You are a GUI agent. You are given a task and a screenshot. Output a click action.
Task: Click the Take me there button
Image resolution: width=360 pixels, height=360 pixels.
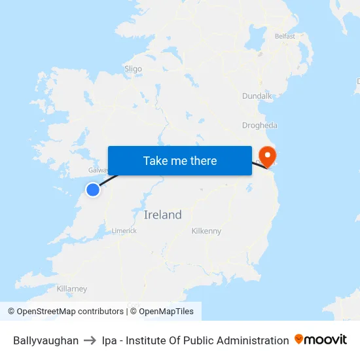tap(180, 160)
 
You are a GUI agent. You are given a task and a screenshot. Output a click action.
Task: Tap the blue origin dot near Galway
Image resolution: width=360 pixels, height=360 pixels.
tap(93, 190)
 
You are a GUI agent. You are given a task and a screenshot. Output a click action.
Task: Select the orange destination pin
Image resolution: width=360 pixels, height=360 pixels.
tap(267, 155)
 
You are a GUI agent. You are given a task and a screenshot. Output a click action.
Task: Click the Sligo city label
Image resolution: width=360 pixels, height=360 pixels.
tap(133, 68)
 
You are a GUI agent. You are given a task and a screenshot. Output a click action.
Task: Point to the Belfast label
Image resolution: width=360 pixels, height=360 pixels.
tap(285, 36)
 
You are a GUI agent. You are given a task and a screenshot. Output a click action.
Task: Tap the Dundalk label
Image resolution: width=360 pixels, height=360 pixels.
tap(257, 96)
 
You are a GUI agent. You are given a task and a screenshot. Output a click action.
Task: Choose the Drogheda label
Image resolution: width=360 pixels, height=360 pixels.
tap(260, 125)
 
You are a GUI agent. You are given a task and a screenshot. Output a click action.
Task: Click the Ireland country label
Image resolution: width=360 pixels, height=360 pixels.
tap(163, 215)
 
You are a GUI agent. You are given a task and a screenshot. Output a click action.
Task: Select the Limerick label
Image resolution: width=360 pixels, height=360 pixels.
tap(124, 230)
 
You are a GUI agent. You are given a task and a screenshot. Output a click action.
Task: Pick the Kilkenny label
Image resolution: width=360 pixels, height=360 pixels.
tap(206, 231)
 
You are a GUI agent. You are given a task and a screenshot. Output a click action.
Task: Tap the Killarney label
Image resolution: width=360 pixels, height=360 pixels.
tap(72, 289)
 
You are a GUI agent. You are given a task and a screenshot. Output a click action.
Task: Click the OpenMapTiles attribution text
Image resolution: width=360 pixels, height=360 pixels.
tap(166, 312)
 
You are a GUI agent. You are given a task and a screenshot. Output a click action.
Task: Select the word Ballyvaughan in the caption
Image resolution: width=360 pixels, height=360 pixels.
tap(46, 340)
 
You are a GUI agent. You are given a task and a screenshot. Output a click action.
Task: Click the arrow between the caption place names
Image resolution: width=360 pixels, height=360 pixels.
tap(90, 340)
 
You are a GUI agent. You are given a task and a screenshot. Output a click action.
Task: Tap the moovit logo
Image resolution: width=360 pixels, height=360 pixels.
tap(321, 340)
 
